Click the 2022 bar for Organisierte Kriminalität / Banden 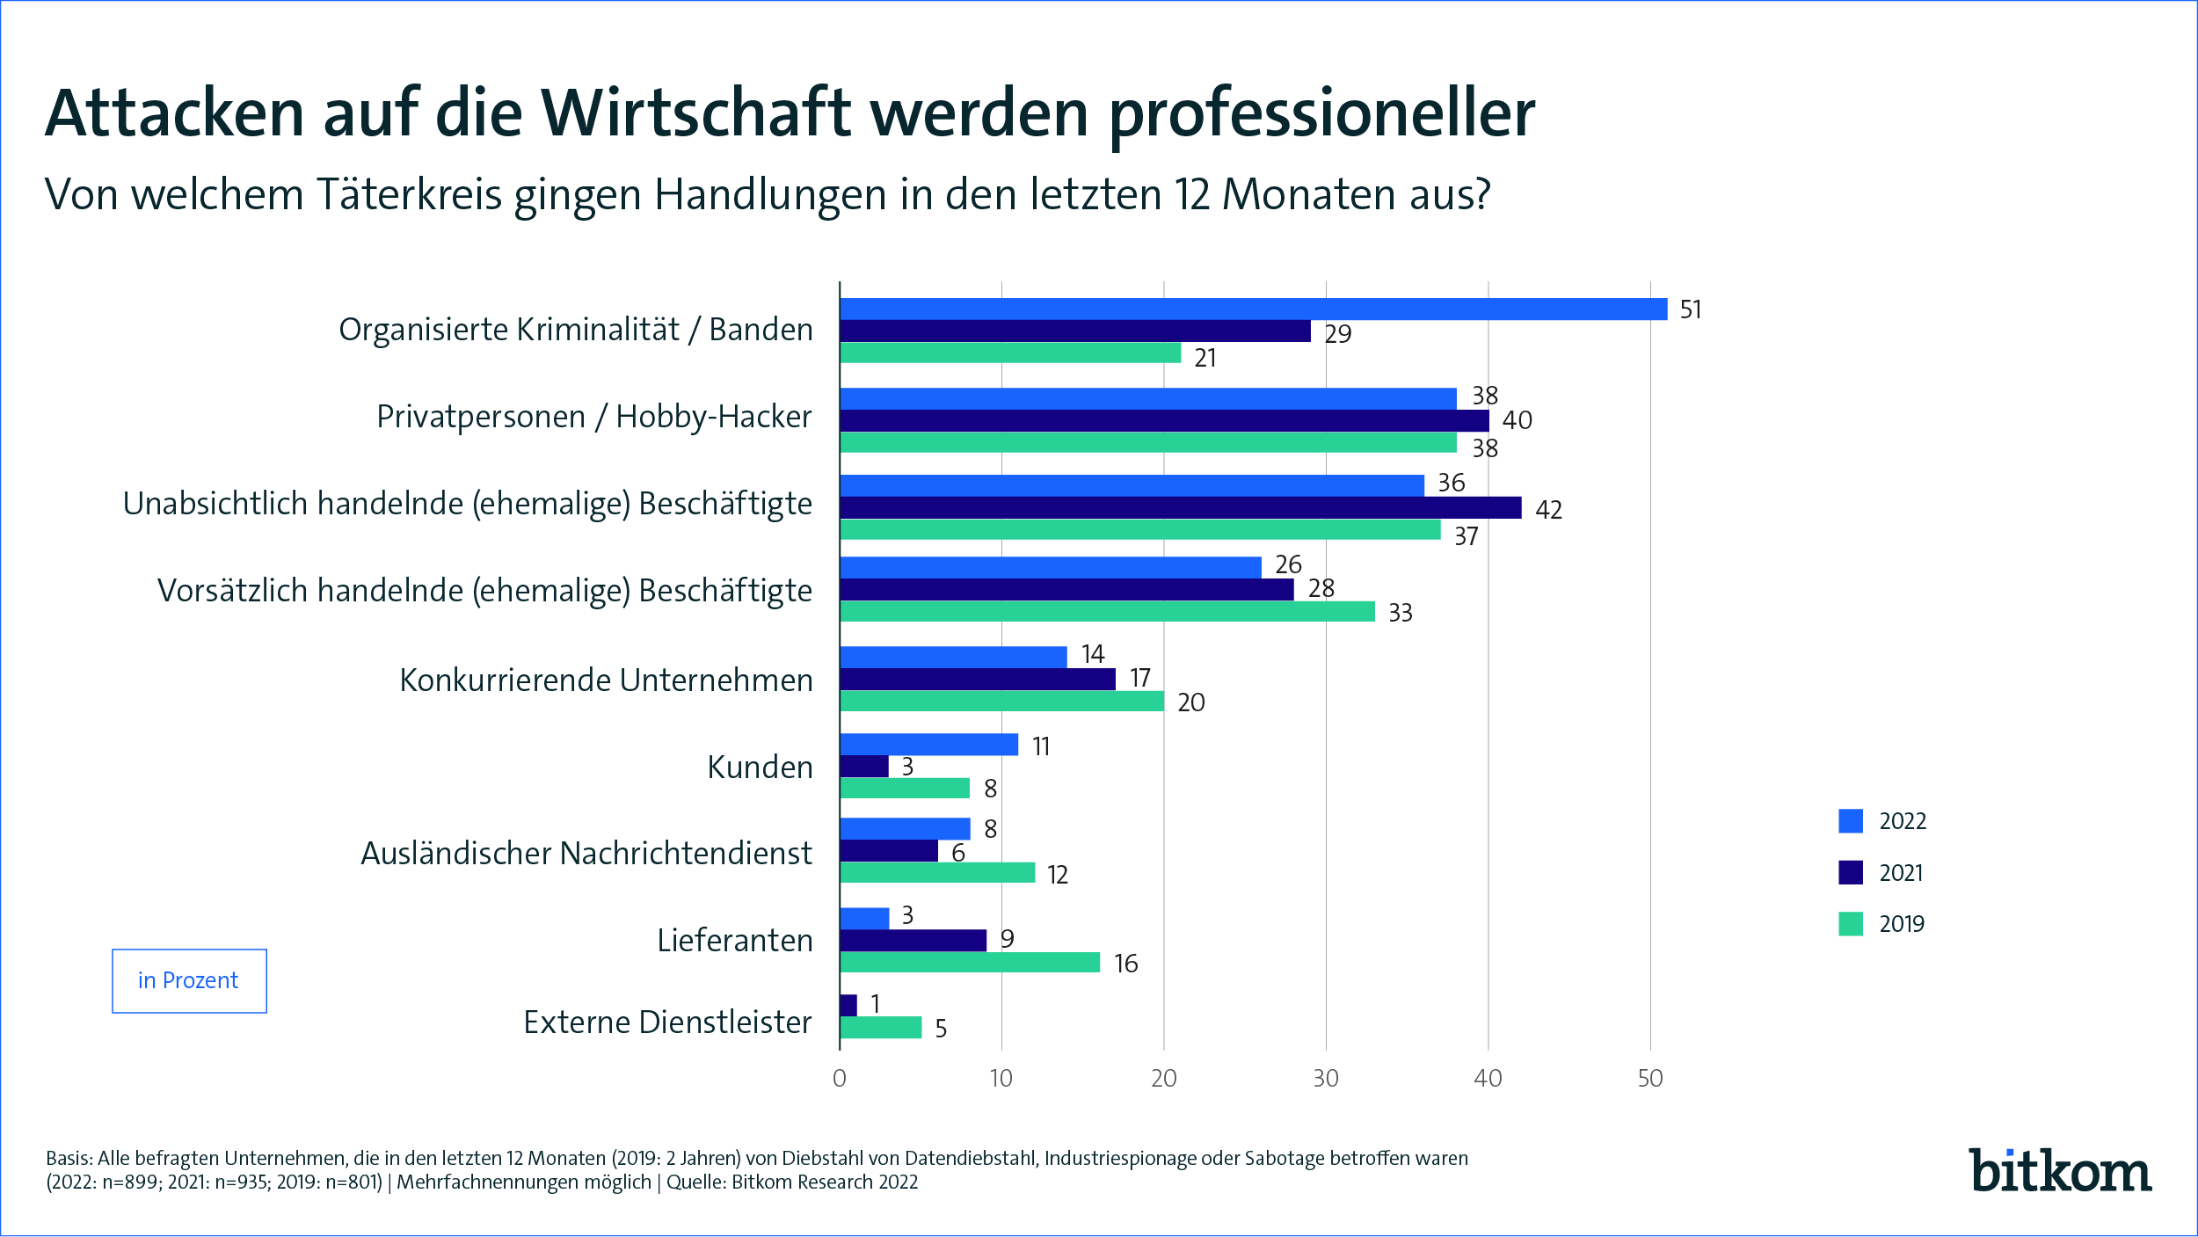1253,309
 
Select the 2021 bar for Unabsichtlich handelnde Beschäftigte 1180,508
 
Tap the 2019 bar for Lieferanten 969,963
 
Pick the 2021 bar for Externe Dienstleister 848,1005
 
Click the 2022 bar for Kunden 928,745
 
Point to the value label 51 1690,310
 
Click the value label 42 1548,510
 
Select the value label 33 1400,613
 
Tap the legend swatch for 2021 1851,872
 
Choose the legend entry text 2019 1902,924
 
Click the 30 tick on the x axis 1326,1079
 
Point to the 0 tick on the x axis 840,1079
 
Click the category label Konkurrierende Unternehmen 606,680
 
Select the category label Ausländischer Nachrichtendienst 586,854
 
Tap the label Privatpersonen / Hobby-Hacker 593,417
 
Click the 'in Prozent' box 189,981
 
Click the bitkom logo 2059,1172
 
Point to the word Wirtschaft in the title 695,114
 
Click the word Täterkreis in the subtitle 408,195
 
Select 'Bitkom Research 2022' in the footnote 824,1182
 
